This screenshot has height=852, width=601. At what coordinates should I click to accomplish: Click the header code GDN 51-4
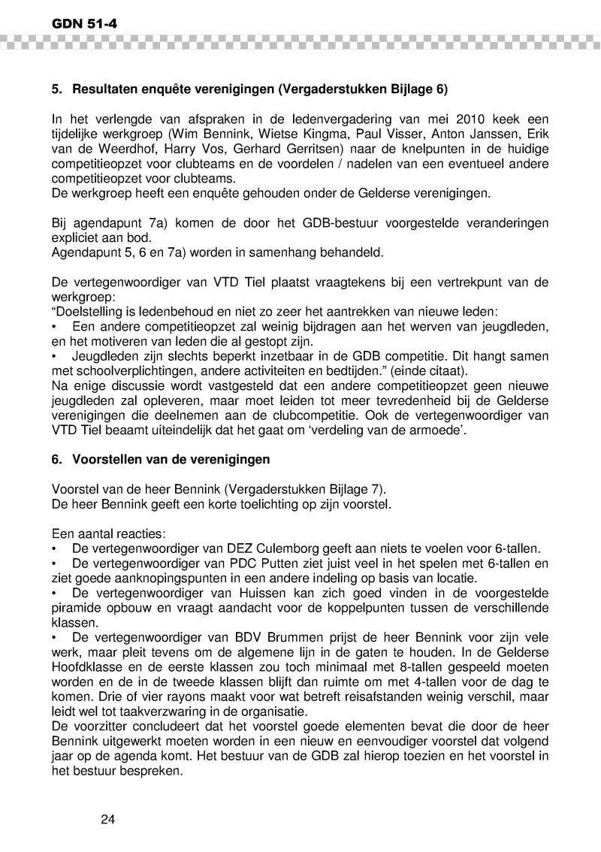point(84,25)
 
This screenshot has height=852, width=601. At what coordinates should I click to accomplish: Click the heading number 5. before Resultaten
point(56,89)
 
